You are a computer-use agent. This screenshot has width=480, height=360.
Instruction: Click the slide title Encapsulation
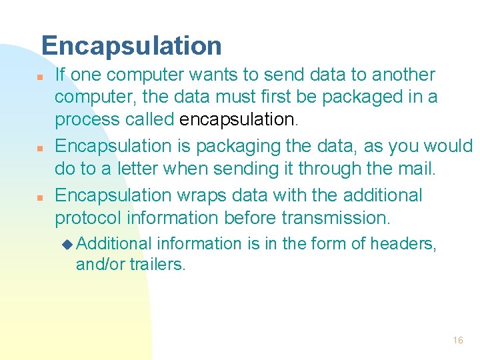coord(131,45)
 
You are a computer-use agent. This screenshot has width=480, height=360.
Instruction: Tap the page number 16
coord(457,340)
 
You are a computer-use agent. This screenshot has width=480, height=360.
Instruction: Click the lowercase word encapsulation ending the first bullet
coord(237,119)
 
